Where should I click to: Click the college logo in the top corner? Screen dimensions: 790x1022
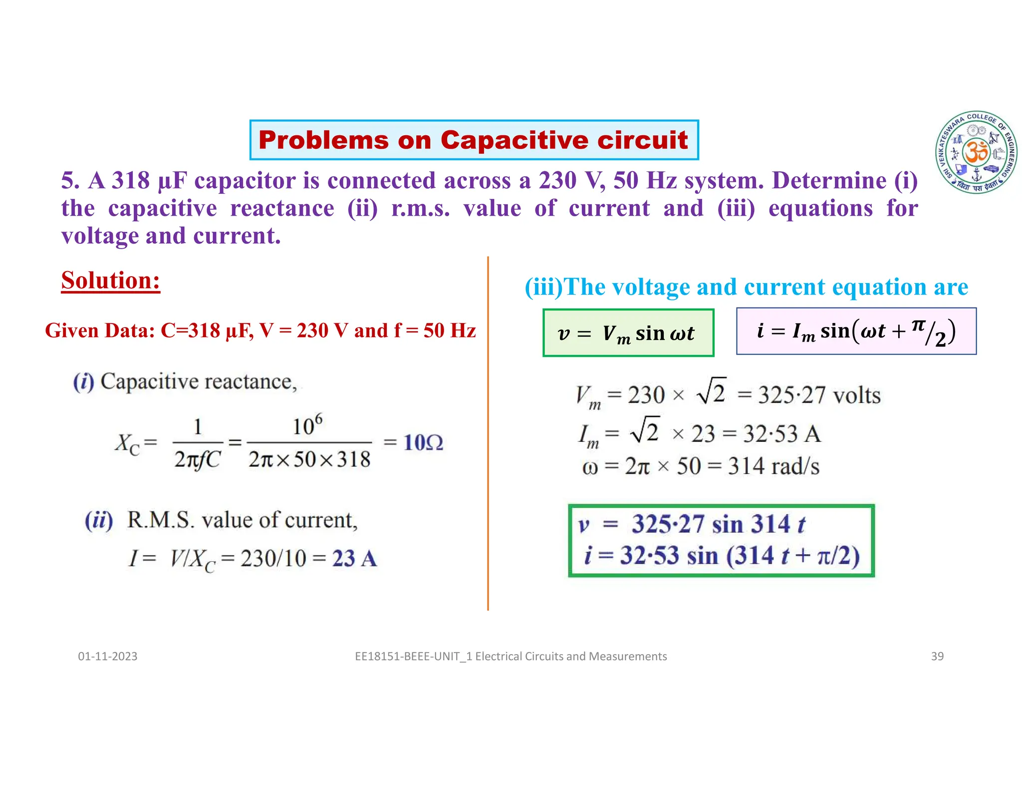click(977, 152)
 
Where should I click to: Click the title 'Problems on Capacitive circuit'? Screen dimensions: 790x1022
click(474, 140)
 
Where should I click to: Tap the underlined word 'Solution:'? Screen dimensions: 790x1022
click(111, 281)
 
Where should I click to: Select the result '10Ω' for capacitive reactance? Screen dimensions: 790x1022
click(423, 443)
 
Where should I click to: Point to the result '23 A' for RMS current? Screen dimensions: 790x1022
click(354, 558)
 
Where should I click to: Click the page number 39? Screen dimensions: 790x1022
click(937, 656)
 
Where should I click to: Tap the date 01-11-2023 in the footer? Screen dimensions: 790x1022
click(108, 656)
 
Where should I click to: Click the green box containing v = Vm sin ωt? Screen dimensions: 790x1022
click(628, 333)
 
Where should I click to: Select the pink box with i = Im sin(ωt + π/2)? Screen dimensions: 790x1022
click(856, 332)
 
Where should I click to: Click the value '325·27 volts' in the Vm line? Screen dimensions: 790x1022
click(819, 395)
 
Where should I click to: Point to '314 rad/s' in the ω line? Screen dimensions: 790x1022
click(773, 466)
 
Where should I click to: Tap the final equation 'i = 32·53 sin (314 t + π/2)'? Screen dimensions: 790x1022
click(722, 556)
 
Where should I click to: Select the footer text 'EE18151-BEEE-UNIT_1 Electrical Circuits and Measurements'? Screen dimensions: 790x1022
click(511, 656)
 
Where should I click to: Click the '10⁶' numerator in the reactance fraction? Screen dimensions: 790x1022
click(307, 426)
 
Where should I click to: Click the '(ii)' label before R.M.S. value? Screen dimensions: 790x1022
click(99, 520)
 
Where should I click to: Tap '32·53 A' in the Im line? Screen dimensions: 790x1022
click(781, 433)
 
